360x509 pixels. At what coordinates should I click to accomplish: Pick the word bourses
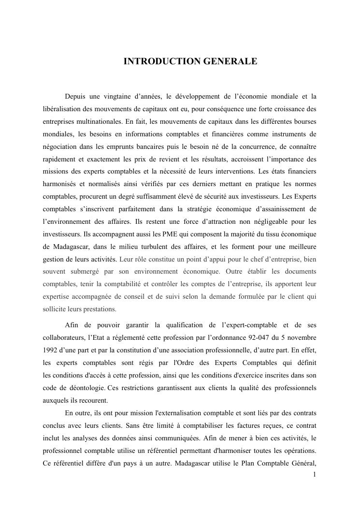[304, 121]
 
